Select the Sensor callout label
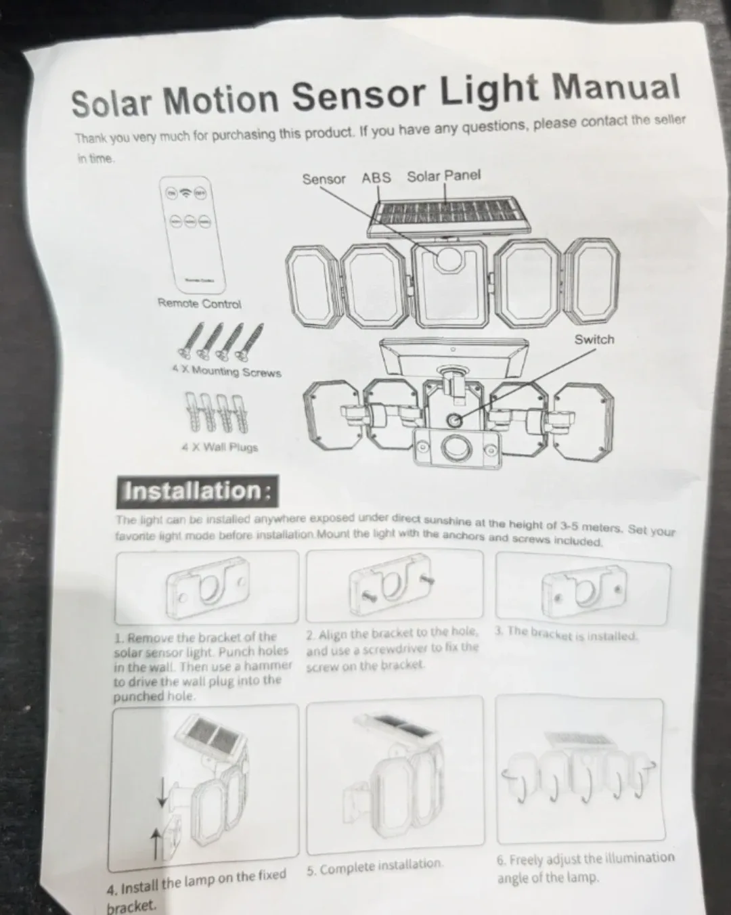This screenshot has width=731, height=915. click(x=324, y=179)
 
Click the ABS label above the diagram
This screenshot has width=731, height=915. click(x=376, y=177)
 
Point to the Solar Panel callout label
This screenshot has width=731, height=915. click(x=443, y=176)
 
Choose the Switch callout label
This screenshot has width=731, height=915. click(x=594, y=340)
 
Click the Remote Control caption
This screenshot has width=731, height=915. click(x=199, y=303)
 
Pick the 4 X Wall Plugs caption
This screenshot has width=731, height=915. click(x=219, y=447)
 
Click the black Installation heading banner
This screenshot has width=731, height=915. click(x=197, y=491)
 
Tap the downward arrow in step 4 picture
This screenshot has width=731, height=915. click(x=162, y=791)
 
